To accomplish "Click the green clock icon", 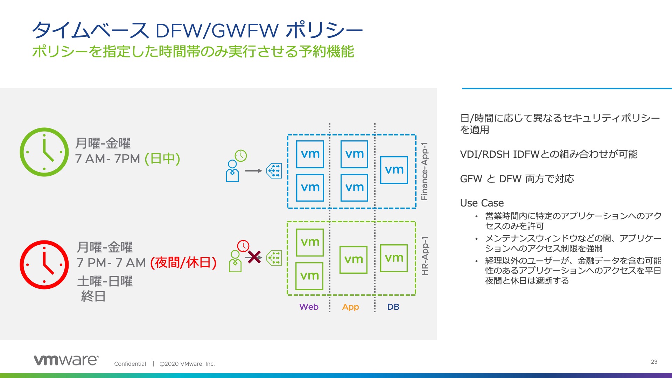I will (44, 152).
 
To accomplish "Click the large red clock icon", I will (44, 265).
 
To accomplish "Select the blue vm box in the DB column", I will (394, 170).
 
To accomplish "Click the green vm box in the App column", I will (353, 260).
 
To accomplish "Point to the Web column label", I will (309, 307).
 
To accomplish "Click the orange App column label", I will (350, 307).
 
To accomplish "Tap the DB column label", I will (393, 307).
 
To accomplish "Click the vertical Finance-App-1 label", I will (425, 171).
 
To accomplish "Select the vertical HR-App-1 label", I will (425, 256).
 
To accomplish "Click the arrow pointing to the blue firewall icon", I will (253, 171).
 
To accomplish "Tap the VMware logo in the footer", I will (66, 360).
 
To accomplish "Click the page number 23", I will (654, 362).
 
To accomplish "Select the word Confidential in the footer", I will (130, 364).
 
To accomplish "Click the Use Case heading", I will (482, 203).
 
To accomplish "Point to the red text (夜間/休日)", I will (183, 262).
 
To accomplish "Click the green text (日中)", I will (162, 159).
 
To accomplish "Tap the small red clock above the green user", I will (243, 246).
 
